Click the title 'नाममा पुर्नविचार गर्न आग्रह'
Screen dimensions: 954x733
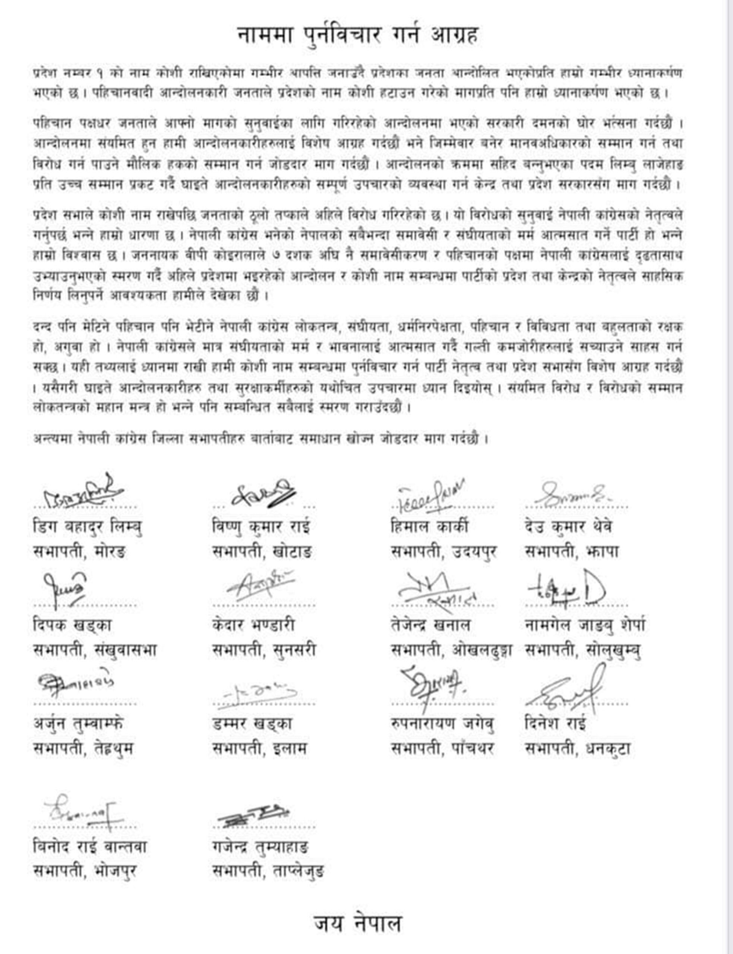coord(358,35)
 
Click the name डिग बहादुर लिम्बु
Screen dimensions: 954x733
coord(87,527)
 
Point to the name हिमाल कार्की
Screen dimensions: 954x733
coord(430,527)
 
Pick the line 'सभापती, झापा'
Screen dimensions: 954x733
coord(572,552)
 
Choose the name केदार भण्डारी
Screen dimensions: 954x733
coord(253,625)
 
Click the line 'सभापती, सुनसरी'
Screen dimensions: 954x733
coord(264,650)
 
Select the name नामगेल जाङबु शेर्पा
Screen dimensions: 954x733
coord(585,625)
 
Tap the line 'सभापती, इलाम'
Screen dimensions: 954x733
coord(260,749)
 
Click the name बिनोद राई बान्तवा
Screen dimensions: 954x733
coord(90,847)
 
